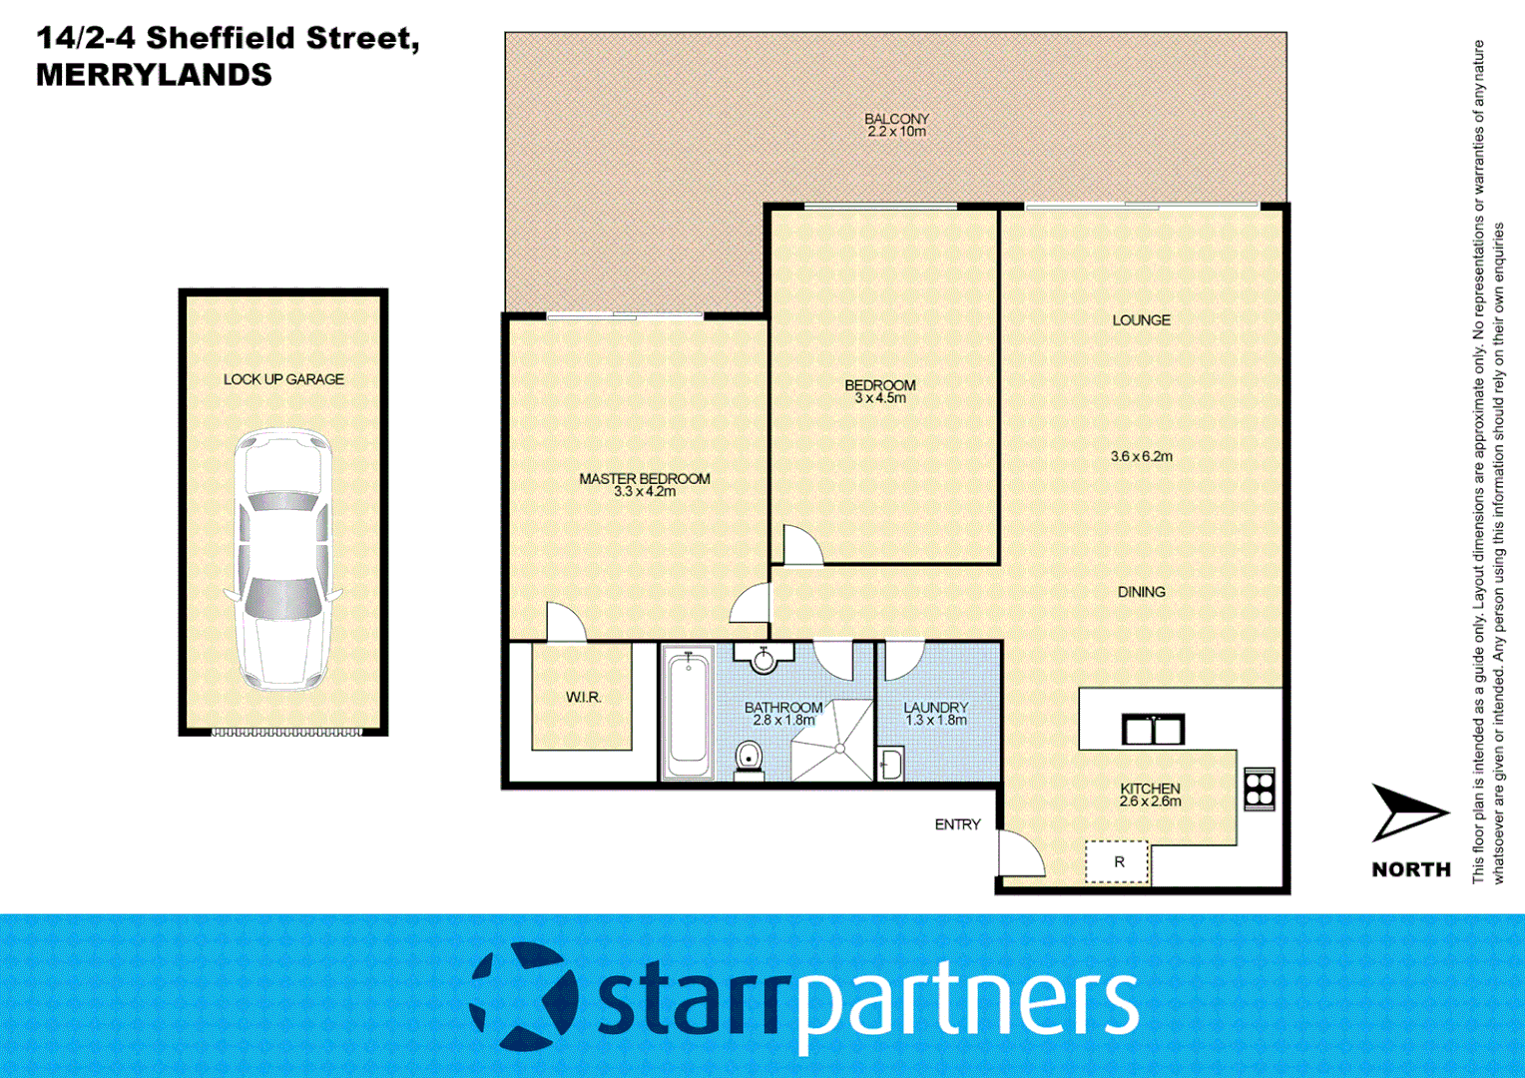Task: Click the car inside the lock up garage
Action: pyautogui.click(x=282, y=559)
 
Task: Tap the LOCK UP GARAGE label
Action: pyautogui.click(x=283, y=379)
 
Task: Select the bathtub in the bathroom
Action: pyautogui.click(x=688, y=713)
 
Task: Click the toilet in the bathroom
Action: pyautogui.click(x=749, y=759)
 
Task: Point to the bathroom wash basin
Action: pyautogui.click(x=763, y=659)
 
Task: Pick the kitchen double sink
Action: pyautogui.click(x=1153, y=730)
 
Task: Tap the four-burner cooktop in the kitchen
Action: pyautogui.click(x=1260, y=788)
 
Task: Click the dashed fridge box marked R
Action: pyautogui.click(x=1118, y=862)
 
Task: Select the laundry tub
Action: pyautogui.click(x=890, y=765)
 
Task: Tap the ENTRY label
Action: pyautogui.click(x=957, y=824)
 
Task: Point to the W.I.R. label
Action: pyautogui.click(x=583, y=697)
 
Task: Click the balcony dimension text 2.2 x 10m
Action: pyautogui.click(x=896, y=132)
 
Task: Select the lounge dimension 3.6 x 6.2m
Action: pyautogui.click(x=1142, y=456)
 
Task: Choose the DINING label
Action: pyautogui.click(x=1141, y=592)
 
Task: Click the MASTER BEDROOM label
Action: pyautogui.click(x=645, y=478)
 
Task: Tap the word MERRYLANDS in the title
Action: pyautogui.click(x=154, y=75)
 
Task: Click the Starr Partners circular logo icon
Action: pyautogui.click(x=523, y=996)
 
